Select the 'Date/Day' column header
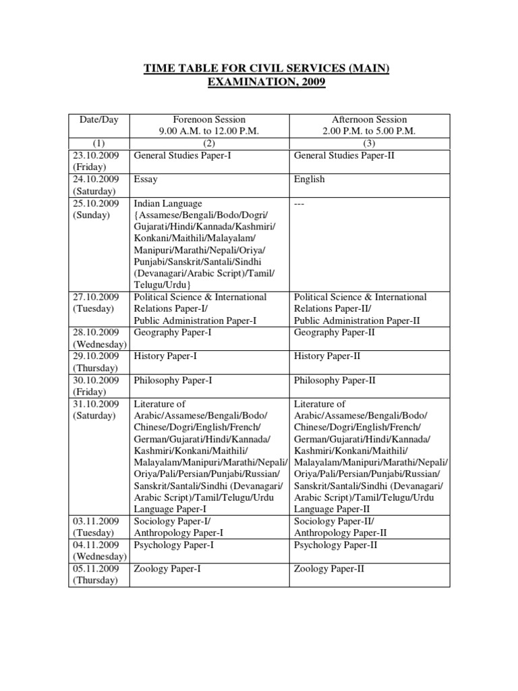[99, 119]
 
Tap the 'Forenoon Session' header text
[209, 119]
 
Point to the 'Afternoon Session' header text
[370, 119]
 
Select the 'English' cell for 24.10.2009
[310, 179]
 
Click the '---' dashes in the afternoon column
[300, 203]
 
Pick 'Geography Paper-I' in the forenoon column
[173, 333]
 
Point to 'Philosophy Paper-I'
[174, 380]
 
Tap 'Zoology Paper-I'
[167, 569]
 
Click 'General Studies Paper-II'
[343, 155]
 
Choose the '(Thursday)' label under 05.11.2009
[95, 580]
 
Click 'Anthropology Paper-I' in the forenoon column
[179, 533]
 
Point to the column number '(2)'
[209, 144]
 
